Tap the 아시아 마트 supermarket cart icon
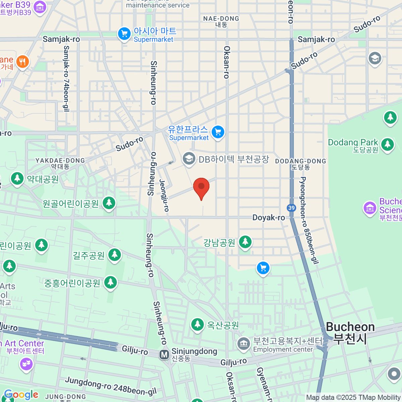coord(124,34)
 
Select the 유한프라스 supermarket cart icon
coord(218,132)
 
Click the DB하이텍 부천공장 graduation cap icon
coord(189,159)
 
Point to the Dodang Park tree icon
coord(388,144)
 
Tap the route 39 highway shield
coord(291,208)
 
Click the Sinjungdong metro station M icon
coord(164,355)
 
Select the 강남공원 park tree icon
coord(245,242)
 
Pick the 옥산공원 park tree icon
coord(197,324)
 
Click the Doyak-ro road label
coord(269,218)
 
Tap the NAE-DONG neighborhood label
coord(221,21)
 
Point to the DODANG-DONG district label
coord(300,164)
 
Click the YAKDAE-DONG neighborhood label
coord(60,163)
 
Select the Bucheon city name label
coord(350,332)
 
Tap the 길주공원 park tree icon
coord(115,255)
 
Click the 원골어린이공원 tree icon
coord(109,203)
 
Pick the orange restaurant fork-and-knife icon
coord(22,62)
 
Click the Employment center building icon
coord(244,344)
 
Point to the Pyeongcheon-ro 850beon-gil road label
coord(308,220)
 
